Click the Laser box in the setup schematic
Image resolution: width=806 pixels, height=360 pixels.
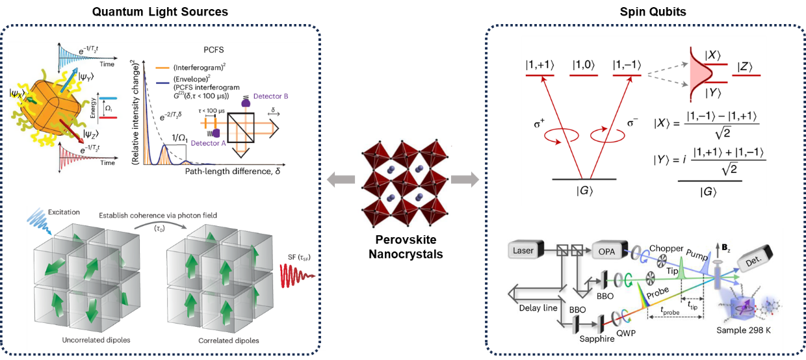(x=523, y=250)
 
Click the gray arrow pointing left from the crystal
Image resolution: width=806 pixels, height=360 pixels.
(x=339, y=179)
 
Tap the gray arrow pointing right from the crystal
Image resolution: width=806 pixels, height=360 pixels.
(x=463, y=179)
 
